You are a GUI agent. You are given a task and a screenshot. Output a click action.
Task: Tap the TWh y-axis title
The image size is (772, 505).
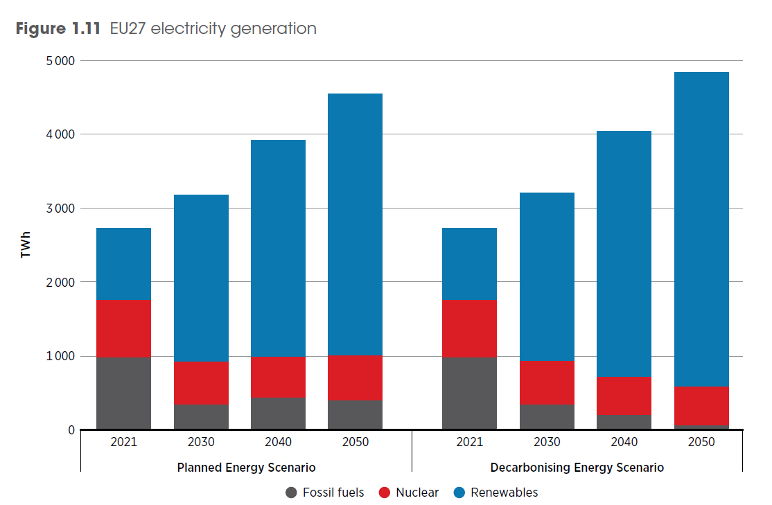pyautogui.click(x=26, y=246)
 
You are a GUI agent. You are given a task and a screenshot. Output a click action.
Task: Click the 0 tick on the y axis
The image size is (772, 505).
pyautogui.click(x=71, y=430)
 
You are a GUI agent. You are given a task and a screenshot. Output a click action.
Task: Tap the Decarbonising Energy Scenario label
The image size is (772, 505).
pyautogui.click(x=577, y=468)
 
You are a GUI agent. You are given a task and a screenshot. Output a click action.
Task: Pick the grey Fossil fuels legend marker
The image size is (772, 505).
pyautogui.click(x=292, y=493)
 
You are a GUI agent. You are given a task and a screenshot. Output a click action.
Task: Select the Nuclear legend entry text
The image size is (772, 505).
pyautogui.click(x=417, y=493)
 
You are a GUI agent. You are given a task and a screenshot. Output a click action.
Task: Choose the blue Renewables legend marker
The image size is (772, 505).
pyautogui.click(x=459, y=493)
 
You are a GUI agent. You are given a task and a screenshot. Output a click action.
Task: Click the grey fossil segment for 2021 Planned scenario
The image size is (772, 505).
pyautogui.click(x=123, y=393)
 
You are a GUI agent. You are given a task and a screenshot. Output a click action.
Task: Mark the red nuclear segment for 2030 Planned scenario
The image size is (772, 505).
pyautogui.click(x=201, y=382)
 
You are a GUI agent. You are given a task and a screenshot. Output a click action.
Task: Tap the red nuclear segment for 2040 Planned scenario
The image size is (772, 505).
pyautogui.click(x=278, y=378)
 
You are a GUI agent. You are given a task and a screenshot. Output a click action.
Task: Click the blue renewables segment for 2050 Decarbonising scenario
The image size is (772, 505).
pyautogui.click(x=701, y=229)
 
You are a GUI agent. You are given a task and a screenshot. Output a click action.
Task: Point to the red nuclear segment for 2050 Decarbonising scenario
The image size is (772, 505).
pyautogui.click(x=701, y=405)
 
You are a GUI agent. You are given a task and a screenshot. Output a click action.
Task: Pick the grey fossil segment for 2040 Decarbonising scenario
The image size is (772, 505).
pyautogui.click(x=624, y=422)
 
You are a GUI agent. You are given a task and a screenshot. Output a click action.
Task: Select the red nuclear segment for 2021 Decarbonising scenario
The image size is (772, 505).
pyautogui.click(x=469, y=329)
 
